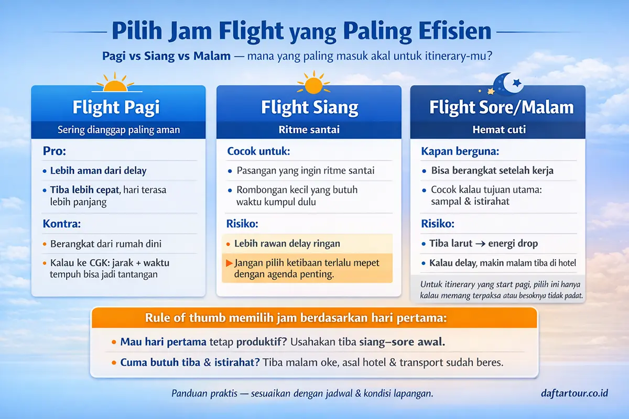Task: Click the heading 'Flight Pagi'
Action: click(116, 107)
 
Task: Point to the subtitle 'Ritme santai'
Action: click(309, 129)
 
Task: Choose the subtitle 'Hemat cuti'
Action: click(498, 129)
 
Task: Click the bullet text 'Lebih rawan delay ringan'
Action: click(287, 244)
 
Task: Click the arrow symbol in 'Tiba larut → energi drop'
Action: click(481, 244)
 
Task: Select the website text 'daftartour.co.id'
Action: click(574, 393)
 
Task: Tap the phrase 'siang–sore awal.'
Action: click(402, 343)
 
